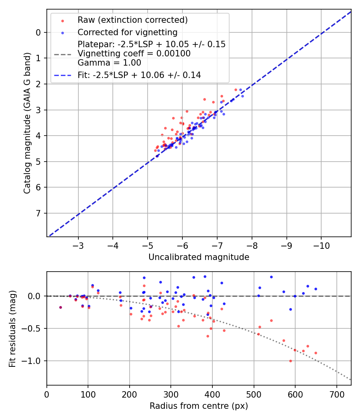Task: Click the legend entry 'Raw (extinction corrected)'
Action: pos(132,20)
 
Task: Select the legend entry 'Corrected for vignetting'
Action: pos(127,32)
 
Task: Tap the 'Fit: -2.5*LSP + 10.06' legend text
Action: pos(139,75)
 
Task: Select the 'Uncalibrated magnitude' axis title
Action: pos(199,257)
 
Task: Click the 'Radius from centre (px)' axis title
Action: pos(199,406)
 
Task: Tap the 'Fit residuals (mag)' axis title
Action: pos(12,328)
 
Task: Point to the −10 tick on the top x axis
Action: pos(321,244)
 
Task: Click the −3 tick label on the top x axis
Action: pos(78,244)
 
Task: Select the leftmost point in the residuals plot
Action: pos(60,307)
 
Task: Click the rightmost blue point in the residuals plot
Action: pos(316,289)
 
